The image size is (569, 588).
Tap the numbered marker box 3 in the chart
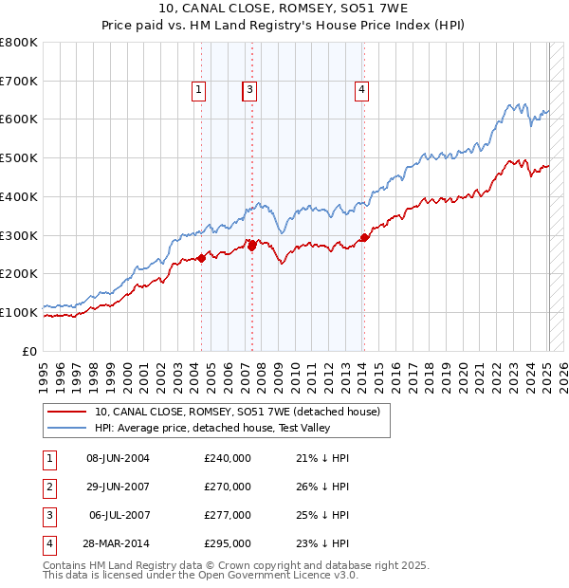click(249, 90)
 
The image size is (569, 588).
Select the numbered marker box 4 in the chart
click(362, 90)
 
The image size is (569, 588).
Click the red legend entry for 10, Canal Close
click(237, 412)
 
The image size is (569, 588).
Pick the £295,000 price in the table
click(228, 543)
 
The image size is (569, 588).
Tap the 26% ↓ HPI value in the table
click(322, 487)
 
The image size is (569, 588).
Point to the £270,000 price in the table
click(228, 487)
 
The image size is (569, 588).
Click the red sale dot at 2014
click(364, 238)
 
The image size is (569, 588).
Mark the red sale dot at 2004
click(201, 258)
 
